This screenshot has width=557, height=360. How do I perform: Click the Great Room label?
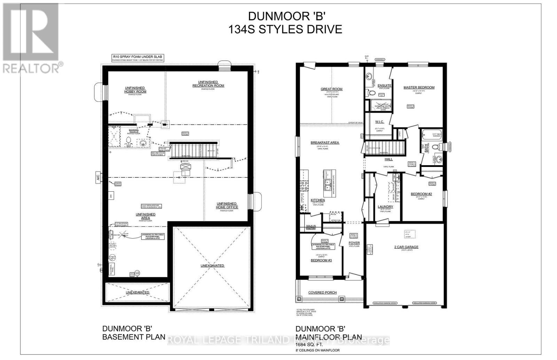pos(331,89)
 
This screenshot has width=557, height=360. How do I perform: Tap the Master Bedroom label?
pos(419,87)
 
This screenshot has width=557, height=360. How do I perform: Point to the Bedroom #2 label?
pos(421,194)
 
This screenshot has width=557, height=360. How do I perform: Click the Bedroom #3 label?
pos(321,260)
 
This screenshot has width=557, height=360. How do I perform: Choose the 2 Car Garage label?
pos(406,247)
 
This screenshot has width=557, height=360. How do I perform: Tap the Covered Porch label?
pos(322,293)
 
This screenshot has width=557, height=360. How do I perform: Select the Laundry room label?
pos(385,207)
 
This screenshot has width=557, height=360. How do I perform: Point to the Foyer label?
pos(354,243)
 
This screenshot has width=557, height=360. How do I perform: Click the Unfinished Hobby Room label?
pos(135,89)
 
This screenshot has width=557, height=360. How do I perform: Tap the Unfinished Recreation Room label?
pos(208,84)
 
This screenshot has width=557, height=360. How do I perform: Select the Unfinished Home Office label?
pos(227,205)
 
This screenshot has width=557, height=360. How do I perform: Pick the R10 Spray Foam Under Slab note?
pos(137,56)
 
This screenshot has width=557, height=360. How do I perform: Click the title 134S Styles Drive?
pos(285,29)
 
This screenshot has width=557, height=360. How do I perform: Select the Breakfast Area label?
pos(325,143)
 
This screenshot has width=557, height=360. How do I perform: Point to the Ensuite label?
pos(384,86)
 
